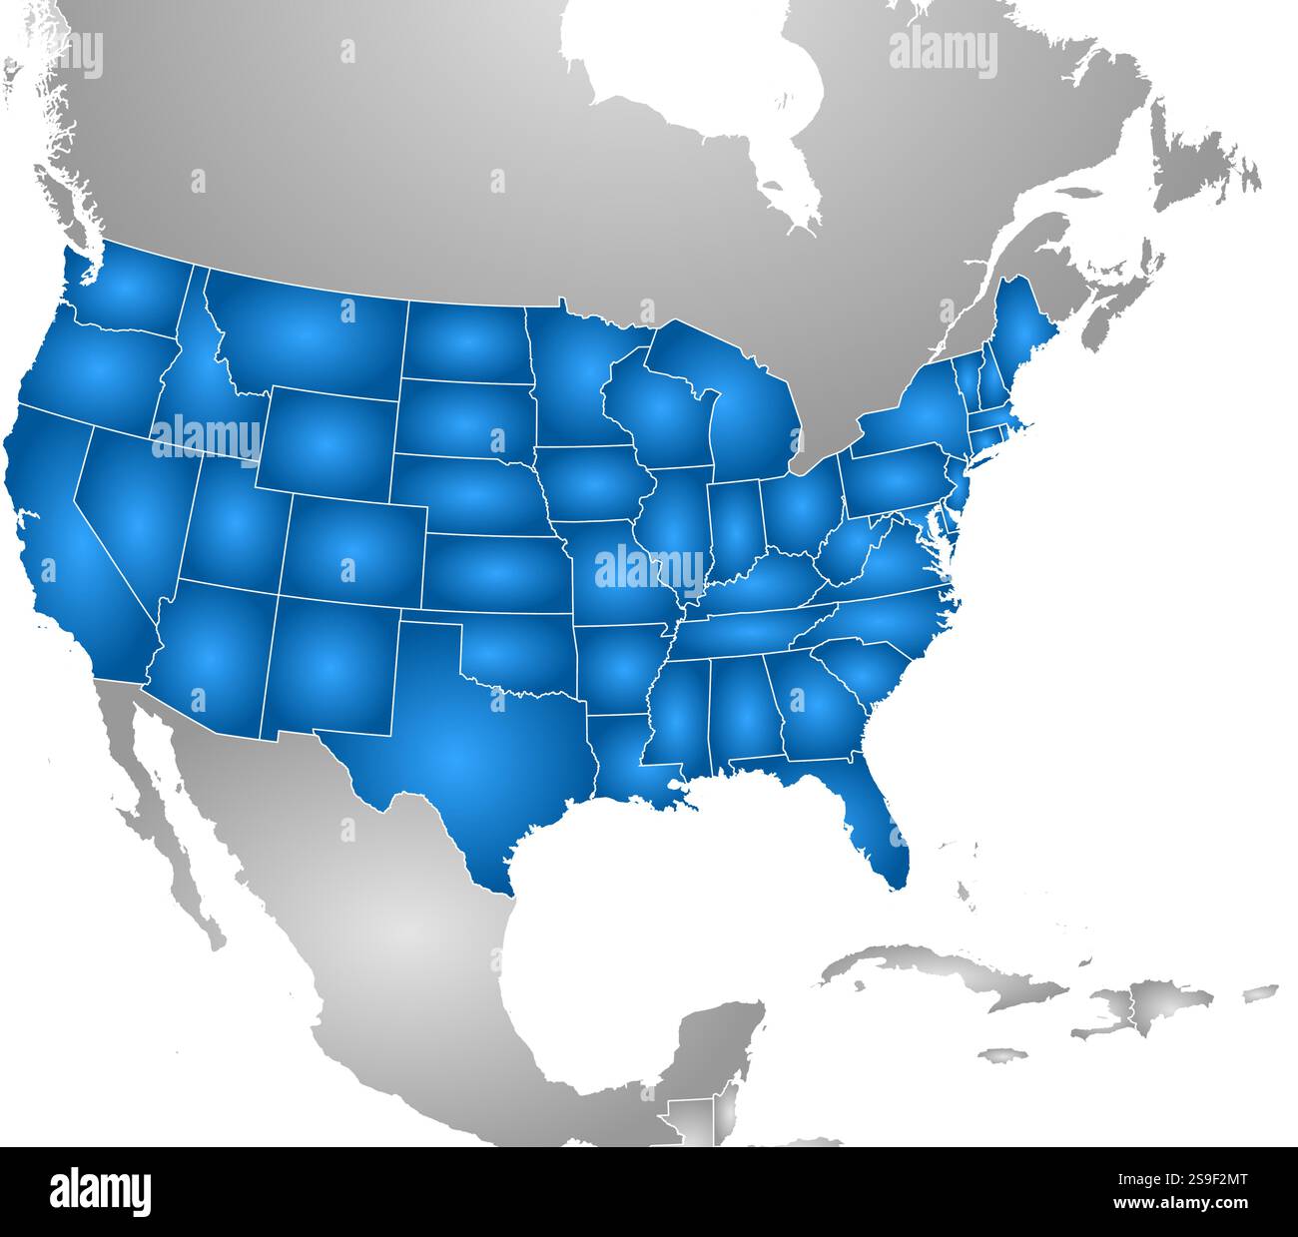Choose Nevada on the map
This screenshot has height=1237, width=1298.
(x=130, y=499)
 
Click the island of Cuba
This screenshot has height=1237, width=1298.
(x=949, y=973)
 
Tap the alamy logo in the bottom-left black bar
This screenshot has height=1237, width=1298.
(x=100, y=1191)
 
